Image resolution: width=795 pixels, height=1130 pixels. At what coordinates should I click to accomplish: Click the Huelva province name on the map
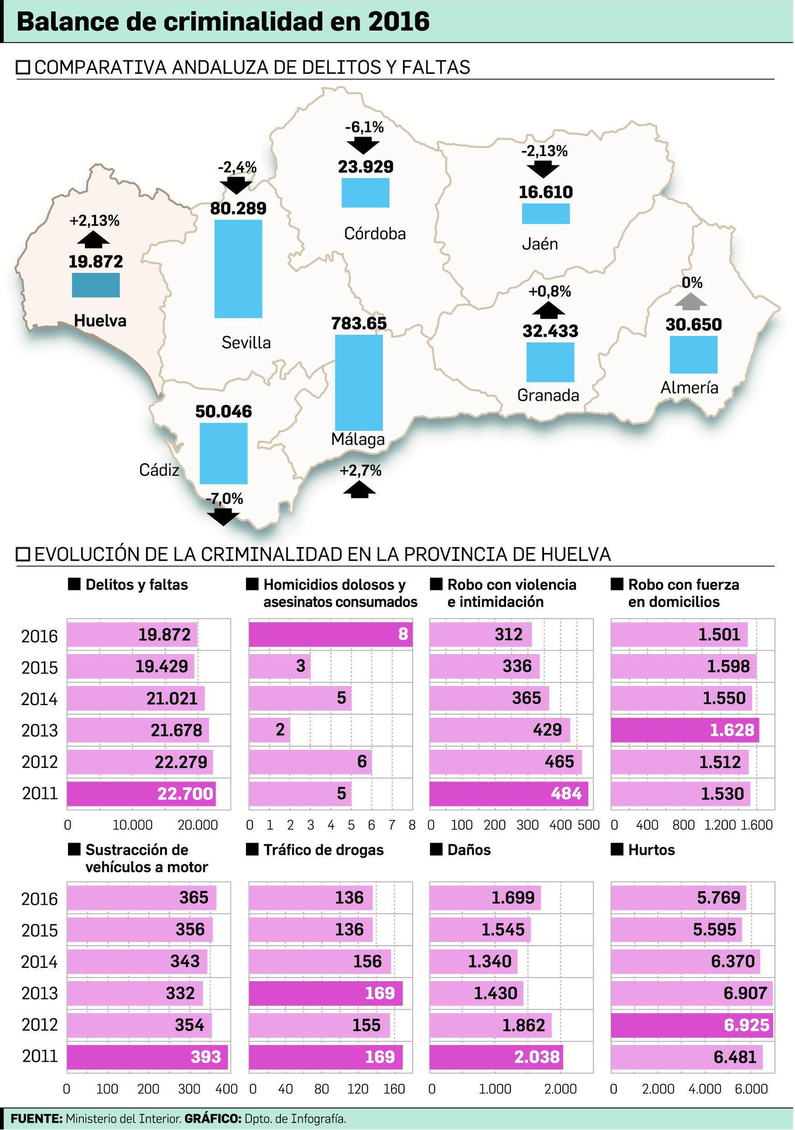[100, 321]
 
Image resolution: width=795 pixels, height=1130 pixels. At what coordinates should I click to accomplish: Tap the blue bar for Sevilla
[238, 268]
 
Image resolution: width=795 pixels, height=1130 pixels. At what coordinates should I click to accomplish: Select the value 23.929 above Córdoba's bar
[365, 166]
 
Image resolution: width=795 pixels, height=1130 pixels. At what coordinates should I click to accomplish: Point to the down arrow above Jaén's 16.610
[543, 168]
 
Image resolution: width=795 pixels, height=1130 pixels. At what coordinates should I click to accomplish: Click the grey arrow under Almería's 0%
[691, 301]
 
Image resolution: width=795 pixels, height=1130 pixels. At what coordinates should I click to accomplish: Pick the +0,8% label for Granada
[549, 291]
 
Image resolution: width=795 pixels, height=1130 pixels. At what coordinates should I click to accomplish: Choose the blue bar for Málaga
[359, 382]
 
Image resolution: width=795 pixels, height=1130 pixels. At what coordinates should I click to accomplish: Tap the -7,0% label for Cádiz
[225, 498]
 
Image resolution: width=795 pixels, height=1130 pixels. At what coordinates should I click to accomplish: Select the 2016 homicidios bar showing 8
[330, 634]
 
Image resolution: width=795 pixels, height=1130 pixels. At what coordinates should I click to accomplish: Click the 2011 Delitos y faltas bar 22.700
[141, 794]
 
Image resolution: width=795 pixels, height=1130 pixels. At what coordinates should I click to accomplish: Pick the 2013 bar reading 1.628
[685, 730]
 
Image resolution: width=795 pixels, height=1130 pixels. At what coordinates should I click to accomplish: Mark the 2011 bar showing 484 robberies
[508, 794]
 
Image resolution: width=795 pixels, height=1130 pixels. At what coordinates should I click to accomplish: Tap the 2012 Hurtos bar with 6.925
[692, 1025]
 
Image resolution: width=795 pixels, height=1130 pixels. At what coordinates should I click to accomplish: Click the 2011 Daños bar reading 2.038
[496, 1056]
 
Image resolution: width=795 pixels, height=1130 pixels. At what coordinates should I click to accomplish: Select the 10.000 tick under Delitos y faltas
[132, 825]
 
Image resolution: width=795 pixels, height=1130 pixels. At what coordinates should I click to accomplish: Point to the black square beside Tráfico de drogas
[252, 849]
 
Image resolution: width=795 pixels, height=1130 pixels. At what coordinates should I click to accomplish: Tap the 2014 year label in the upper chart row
[39, 699]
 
